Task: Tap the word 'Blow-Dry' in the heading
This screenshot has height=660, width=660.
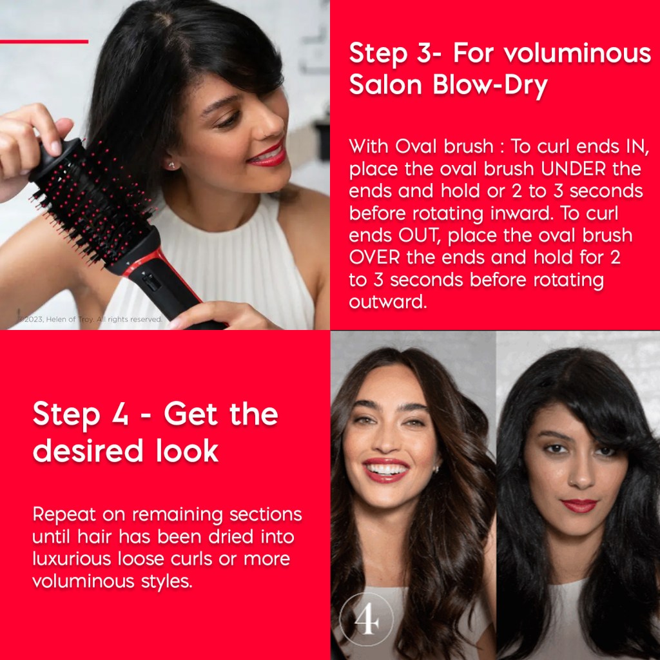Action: pyautogui.click(x=490, y=86)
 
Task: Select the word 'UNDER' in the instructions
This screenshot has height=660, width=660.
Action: pyautogui.click(x=574, y=169)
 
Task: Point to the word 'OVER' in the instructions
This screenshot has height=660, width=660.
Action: pyautogui.click(x=374, y=257)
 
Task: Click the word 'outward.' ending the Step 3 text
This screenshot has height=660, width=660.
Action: pyautogui.click(x=387, y=302)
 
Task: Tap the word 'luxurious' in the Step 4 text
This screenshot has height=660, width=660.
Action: pyautogui.click(x=72, y=559)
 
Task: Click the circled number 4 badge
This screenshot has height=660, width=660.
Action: pyautogui.click(x=367, y=619)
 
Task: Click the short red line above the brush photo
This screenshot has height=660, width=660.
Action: pyautogui.click(x=44, y=42)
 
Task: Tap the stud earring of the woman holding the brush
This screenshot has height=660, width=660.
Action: pyautogui.click(x=171, y=165)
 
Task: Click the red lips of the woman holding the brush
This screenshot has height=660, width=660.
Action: pyautogui.click(x=267, y=155)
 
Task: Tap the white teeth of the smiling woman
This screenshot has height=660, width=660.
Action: pyautogui.click(x=385, y=468)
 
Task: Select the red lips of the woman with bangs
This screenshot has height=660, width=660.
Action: pyautogui.click(x=579, y=505)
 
